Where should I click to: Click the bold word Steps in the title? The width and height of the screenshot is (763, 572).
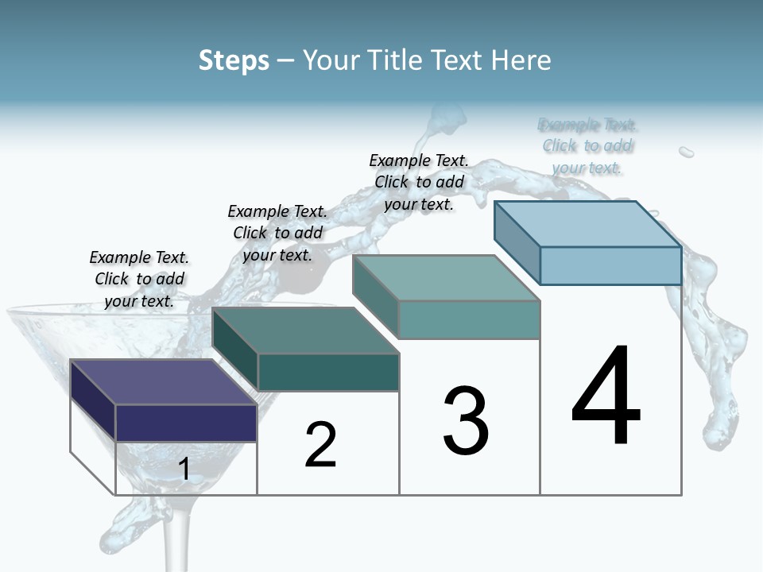(x=234, y=60)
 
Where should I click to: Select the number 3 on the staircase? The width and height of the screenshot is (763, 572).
(x=466, y=421)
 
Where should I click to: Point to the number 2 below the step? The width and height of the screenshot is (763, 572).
(x=321, y=446)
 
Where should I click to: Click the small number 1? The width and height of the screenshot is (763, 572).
(x=184, y=470)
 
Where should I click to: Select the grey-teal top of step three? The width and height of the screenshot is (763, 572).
(x=446, y=277)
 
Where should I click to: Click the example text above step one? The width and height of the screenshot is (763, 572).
(x=139, y=279)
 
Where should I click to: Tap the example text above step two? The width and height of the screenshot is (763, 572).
(x=277, y=233)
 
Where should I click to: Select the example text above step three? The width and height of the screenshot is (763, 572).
(x=419, y=182)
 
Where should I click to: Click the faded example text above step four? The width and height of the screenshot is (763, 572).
(x=587, y=146)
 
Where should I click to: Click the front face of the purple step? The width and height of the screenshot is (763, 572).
(x=186, y=423)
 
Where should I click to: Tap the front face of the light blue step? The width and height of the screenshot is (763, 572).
(x=610, y=265)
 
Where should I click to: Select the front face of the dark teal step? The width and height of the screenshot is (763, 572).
(x=328, y=372)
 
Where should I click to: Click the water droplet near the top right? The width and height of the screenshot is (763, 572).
(x=686, y=151)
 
